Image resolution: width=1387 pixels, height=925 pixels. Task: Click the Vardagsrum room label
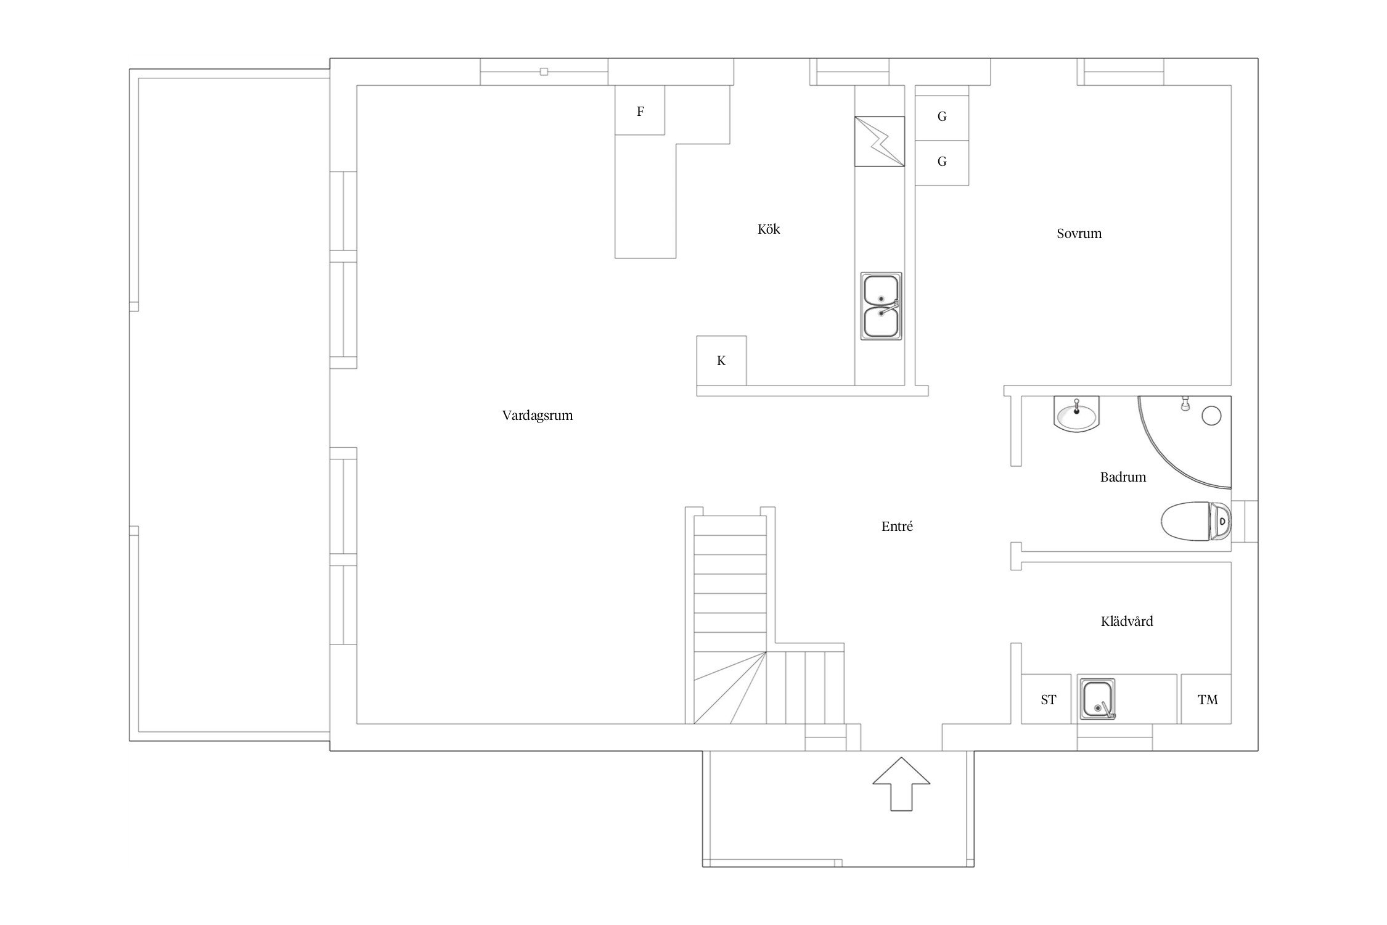coord(538,416)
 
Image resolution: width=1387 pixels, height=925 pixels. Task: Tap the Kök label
coord(769,229)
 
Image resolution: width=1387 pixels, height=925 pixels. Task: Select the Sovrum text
coord(1079,234)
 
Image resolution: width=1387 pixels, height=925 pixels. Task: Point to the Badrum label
coord(1123,477)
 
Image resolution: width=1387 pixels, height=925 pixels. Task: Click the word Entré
coord(897,526)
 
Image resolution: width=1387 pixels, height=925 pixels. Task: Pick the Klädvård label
coord(1127,621)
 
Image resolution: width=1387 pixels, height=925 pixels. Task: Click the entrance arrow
coord(901,792)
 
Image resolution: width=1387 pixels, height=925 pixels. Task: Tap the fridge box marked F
coord(640,110)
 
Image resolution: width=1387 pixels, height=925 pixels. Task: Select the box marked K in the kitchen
coord(721,361)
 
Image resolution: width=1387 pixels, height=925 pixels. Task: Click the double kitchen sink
coord(881,306)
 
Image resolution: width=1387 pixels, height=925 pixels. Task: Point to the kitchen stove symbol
coord(880,141)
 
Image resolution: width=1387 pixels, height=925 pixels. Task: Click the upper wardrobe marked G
coord(942,117)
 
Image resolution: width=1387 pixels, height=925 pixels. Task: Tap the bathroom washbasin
coord(1076,414)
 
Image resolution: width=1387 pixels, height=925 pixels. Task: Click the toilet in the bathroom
coord(1196,522)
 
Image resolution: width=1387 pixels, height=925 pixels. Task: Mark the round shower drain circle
coord(1211,416)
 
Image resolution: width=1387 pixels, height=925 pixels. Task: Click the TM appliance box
coord(1206,699)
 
